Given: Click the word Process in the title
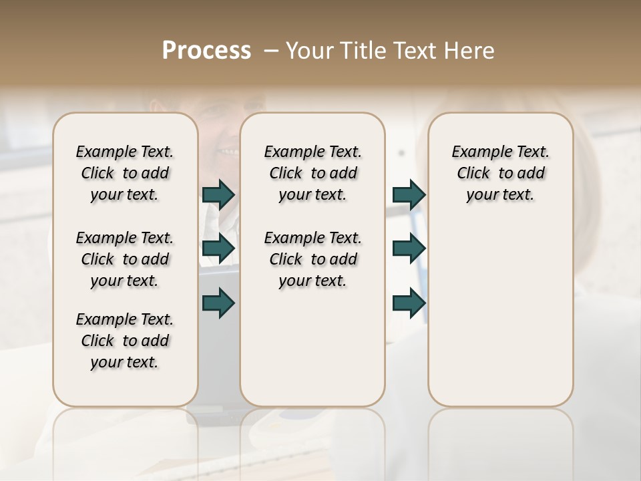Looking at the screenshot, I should [206, 51].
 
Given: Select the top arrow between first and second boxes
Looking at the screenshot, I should [218, 194].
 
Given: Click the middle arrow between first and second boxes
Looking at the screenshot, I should [218, 249].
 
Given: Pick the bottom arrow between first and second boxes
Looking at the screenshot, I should [218, 303].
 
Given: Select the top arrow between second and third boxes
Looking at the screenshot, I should [409, 194].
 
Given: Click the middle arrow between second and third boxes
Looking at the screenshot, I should [409, 249].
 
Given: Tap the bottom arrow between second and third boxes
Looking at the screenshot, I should [409, 303].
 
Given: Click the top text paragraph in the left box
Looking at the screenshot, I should [125, 173].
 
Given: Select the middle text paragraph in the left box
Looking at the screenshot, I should [125, 259].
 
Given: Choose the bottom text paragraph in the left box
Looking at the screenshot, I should [125, 341].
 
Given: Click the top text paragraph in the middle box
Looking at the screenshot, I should [312, 173].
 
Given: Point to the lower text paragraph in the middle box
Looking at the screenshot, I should [312, 259].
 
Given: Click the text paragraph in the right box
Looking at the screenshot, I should [500, 173].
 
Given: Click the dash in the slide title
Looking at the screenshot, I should [270, 51].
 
